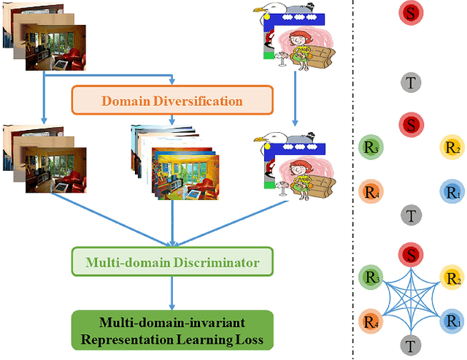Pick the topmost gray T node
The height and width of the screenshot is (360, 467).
pyautogui.click(x=411, y=83)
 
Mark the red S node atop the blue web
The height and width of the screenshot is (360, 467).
pyautogui.click(x=411, y=255)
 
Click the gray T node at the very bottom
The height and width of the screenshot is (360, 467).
pyautogui.click(x=411, y=343)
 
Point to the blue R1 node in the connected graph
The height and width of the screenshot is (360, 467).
pyautogui.click(x=452, y=320)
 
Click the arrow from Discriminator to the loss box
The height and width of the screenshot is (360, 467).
pyautogui.click(x=171, y=291)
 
